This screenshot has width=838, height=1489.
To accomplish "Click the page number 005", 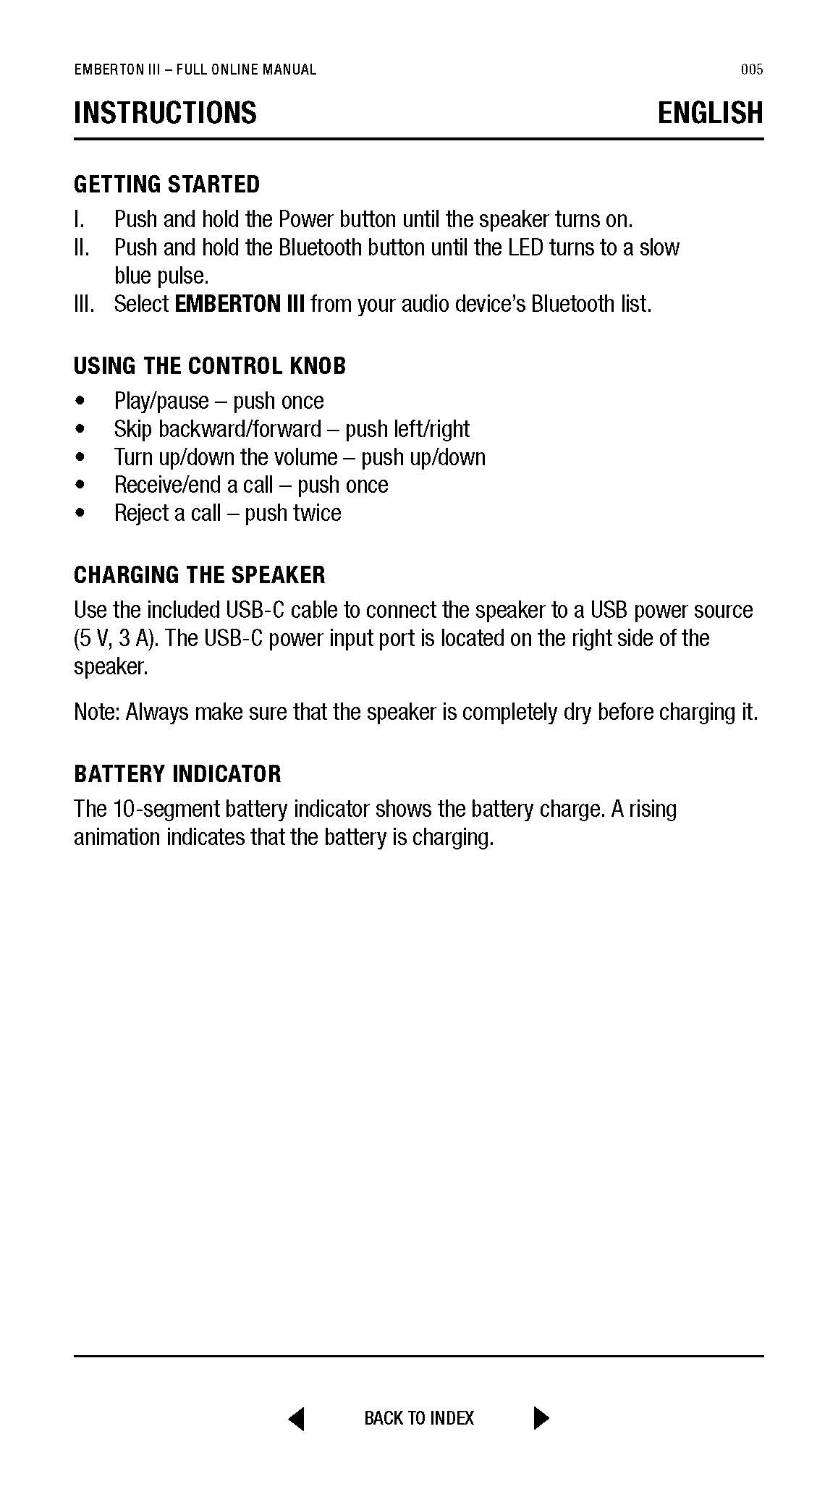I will point(752,69).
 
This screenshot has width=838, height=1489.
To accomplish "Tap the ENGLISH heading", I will point(710,113).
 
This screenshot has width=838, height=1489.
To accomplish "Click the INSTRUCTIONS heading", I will point(165,113).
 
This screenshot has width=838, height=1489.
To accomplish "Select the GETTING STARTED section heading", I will point(166,184).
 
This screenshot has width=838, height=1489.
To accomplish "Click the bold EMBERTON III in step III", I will point(240,304).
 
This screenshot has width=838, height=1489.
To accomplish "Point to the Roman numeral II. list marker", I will point(82,247).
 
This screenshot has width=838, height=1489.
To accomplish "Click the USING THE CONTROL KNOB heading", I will point(210,366).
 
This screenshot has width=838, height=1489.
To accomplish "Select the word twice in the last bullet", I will point(315,513).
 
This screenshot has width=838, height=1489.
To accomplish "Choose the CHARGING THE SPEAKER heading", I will point(200,575).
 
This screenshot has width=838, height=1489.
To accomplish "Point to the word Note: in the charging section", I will point(97,713).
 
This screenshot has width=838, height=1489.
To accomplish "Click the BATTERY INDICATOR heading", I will point(177,774).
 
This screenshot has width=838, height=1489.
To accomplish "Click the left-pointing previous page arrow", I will point(296,1418).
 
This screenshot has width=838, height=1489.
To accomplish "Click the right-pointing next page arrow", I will point(541,1418).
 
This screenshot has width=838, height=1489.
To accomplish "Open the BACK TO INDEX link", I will point(419,1418).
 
